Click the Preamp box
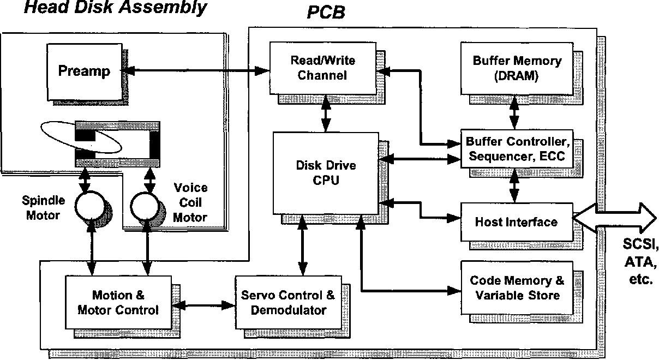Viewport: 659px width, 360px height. point(85,72)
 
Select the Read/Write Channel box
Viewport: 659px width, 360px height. point(323,68)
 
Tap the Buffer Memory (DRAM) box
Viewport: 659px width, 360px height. point(517,68)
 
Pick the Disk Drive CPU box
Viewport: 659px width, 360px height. point(326,173)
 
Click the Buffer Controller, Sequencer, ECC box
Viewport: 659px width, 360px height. point(517,149)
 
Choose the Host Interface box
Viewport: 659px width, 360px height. point(517,222)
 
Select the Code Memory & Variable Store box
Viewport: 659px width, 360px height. point(517,287)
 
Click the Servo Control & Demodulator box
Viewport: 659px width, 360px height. point(288,302)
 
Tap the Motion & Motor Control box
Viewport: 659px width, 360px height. point(118,302)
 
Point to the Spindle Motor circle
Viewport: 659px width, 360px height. point(89,206)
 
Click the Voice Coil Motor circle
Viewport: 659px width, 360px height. point(145,207)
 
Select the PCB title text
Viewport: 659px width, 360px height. point(326,13)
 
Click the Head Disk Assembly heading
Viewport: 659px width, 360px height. point(115,7)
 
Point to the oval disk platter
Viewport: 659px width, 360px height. point(81,137)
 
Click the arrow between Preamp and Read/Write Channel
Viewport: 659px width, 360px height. point(195,70)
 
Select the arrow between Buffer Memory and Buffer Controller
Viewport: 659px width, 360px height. point(514,112)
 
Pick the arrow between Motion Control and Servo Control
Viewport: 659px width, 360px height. point(203,305)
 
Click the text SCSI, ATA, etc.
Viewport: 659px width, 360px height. point(640,261)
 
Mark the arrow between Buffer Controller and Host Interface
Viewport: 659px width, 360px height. point(514,185)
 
